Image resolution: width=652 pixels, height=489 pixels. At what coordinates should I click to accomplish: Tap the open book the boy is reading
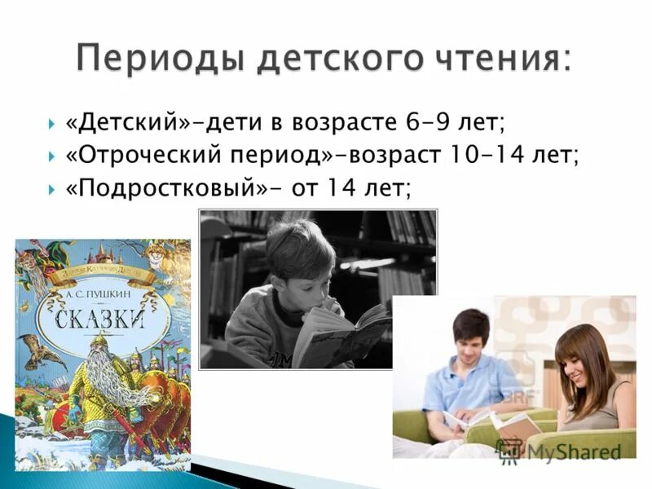[342, 334]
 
